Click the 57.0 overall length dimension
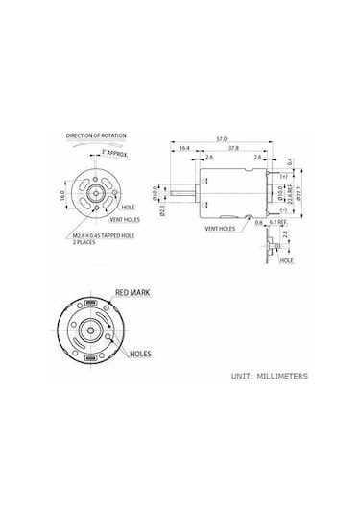[x=222, y=139]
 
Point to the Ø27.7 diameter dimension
[x=305, y=191]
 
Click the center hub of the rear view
[x=93, y=332]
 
